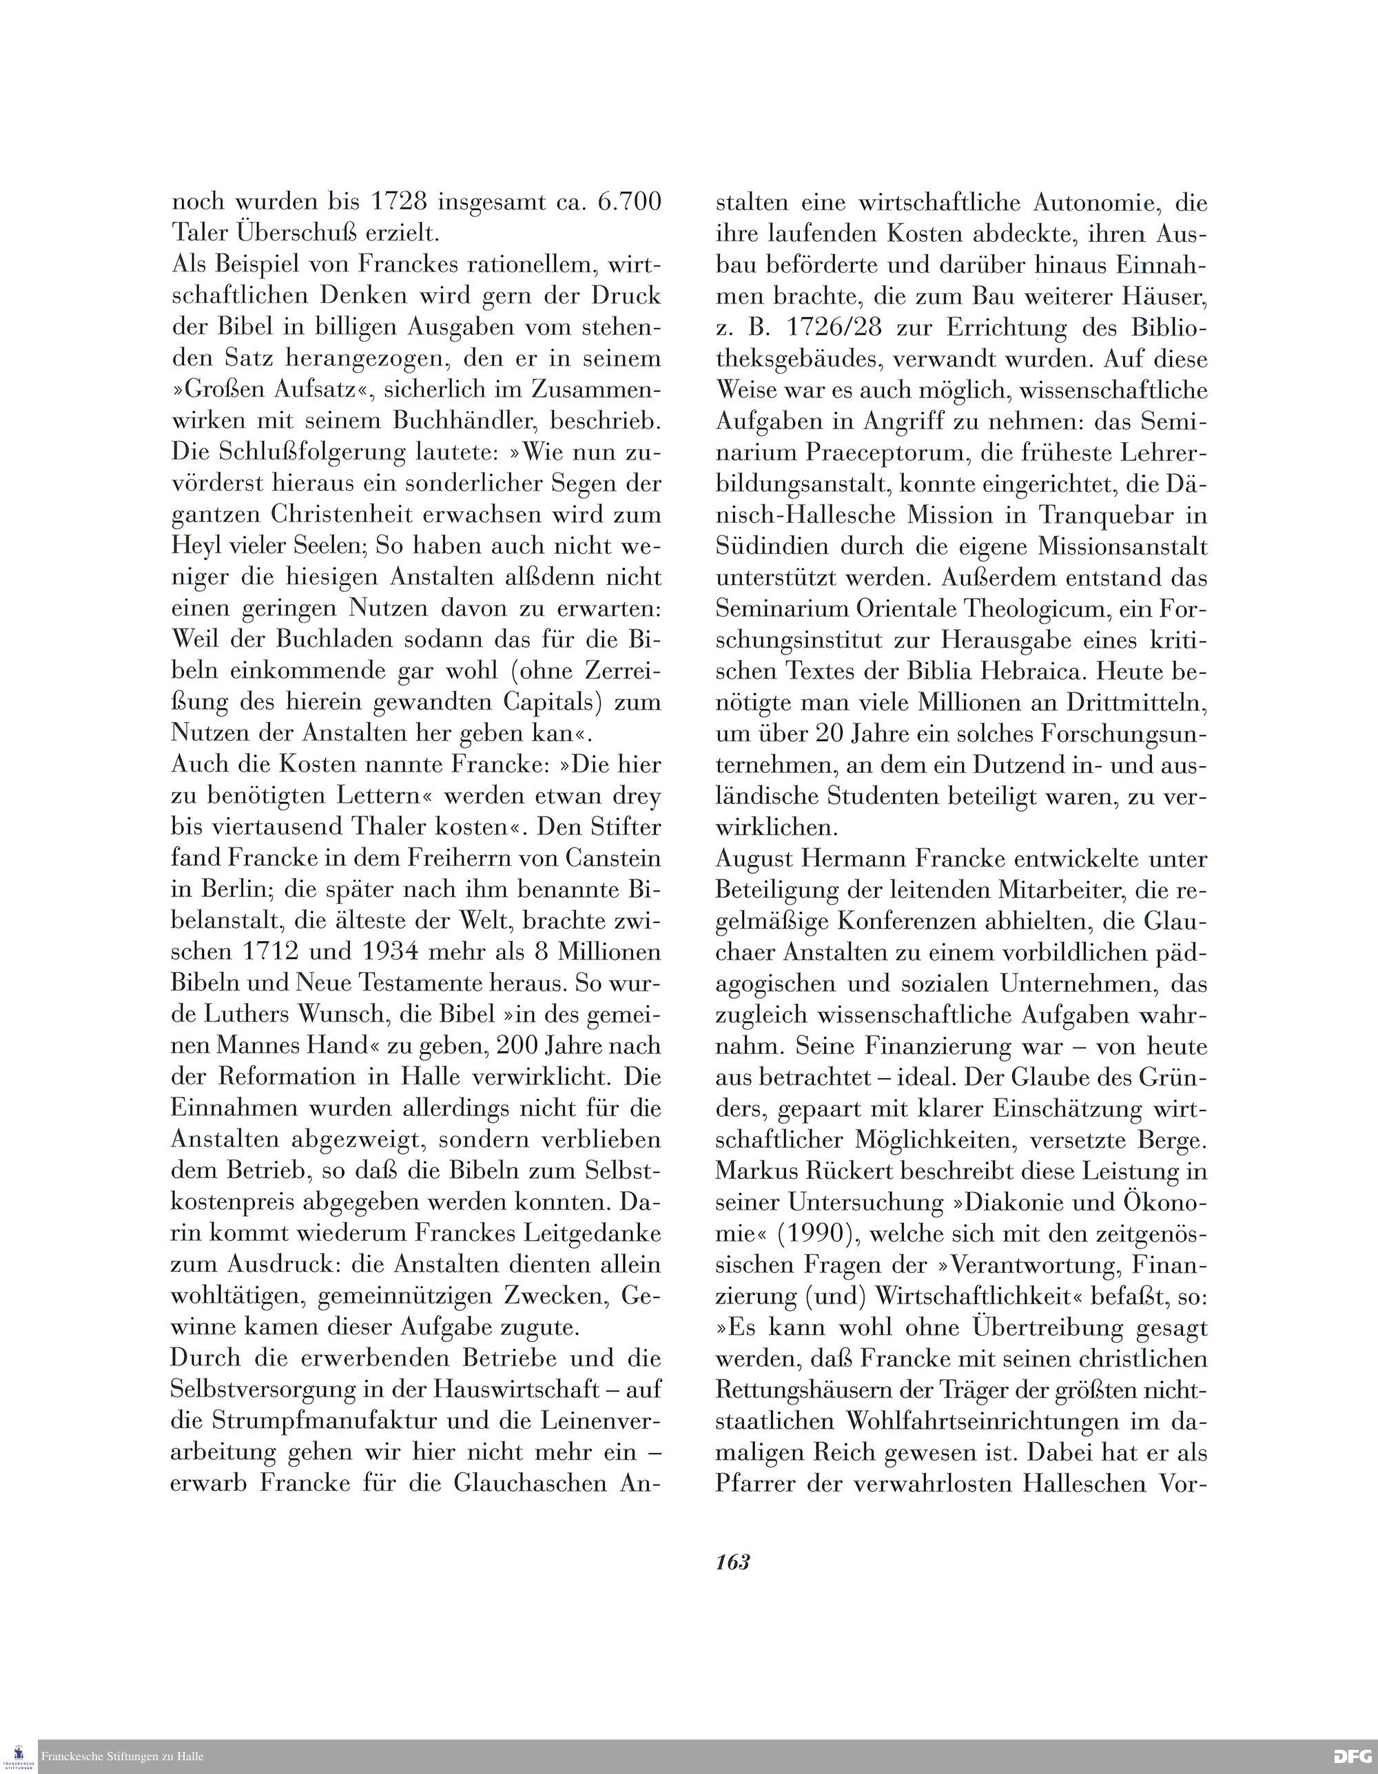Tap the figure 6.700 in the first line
(x=630, y=201)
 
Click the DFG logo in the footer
(x=1353, y=1757)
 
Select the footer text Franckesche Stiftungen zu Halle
(x=123, y=1757)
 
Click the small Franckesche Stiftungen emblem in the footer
(x=19, y=1757)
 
